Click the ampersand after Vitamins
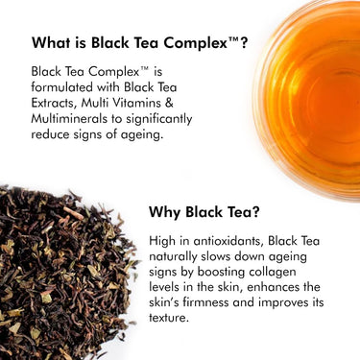169,103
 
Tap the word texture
167,318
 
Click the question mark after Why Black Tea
254,212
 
